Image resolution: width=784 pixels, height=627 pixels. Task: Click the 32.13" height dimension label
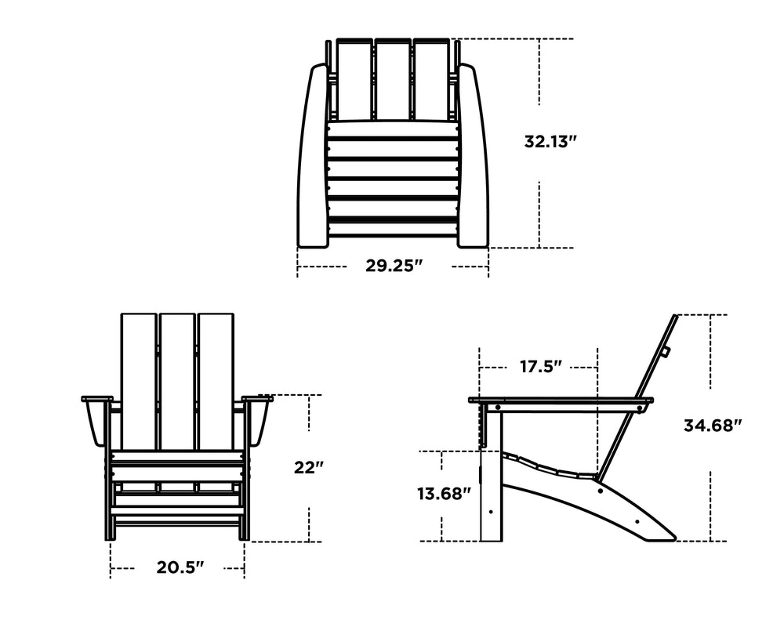[x=550, y=142]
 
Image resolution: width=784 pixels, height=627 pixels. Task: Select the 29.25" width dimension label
[x=394, y=266]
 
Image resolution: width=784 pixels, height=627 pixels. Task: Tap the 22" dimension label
[x=309, y=468]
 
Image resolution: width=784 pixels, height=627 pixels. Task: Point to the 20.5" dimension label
[x=180, y=567]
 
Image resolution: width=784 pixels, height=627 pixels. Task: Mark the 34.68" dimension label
[x=713, y=426]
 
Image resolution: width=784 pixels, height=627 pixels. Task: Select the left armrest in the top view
[x=313, y=157]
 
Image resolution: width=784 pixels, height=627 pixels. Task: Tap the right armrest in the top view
[x=473, y=157]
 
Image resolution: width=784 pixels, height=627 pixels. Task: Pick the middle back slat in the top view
[x=394, y=78]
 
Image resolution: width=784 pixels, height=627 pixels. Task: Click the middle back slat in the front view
[x=177, y=380]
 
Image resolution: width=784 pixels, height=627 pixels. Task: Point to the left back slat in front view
[x=139, y=380]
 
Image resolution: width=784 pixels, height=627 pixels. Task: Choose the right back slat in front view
[x=216, y=380]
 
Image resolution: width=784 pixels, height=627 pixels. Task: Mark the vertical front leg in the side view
[x=491, y=494]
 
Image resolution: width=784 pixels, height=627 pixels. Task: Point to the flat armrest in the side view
[x=561, y=400]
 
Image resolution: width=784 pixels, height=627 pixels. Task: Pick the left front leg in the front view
[x=109, y=502]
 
